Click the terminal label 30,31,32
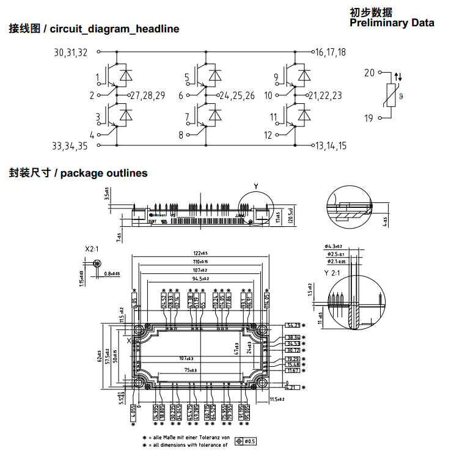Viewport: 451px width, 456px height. pyautogui.click(x=70, y=53)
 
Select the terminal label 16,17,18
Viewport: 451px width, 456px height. pyautogui.click(x=331, y=53)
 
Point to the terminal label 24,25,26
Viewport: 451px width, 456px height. pyautogui.click(x=237, y=95)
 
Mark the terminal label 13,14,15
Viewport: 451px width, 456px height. pyautogui.click(x=331, y=145)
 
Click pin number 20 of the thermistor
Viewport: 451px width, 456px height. pyautogui.click(x=369, y=73)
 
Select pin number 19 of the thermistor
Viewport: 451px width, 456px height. pyautogui.click(x=369, y=118)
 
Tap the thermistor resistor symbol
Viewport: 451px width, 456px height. pyautogui.click(x=392, y=96)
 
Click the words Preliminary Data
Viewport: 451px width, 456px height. pyautogui.click(x=392, y=23)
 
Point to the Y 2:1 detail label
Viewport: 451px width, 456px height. pyautogui.click(x=334, y=272)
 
